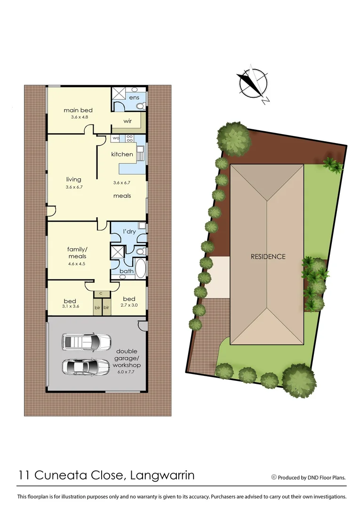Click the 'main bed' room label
[x=78, y=111]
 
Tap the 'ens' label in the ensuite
[x=134, y=97]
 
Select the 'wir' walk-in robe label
[x=127, y=121]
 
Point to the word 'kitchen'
[x=122, y=154]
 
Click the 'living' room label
[x=73, y=179]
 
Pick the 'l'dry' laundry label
[x=129, y=232]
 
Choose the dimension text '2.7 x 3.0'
[x=129, y=305]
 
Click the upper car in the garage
[x=87, y=341]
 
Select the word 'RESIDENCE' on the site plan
[x=268, y=256]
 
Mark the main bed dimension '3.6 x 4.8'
[x=77, y=117]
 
